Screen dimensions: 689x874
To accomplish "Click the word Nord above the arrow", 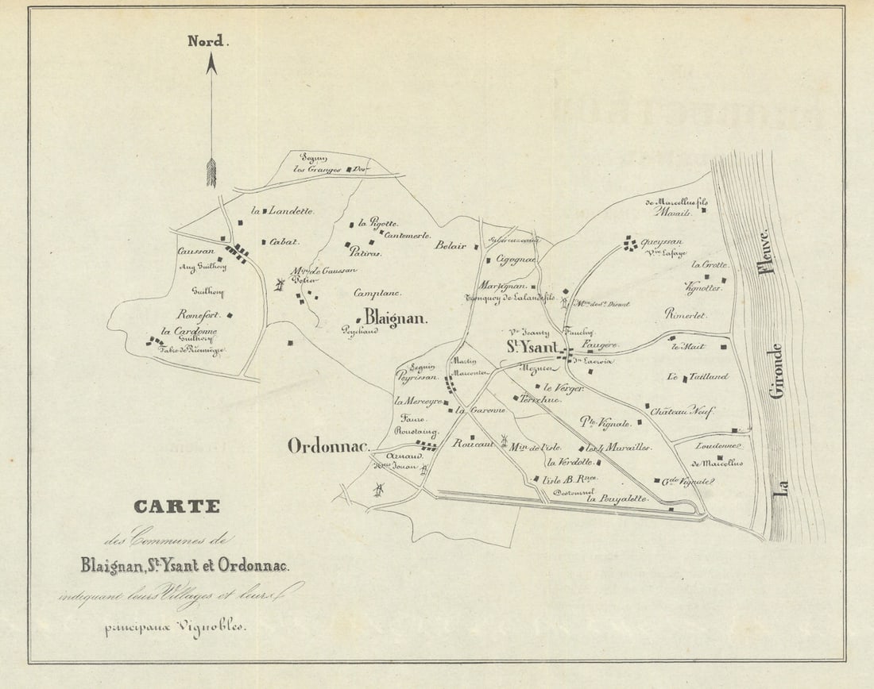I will (x=207, y=41).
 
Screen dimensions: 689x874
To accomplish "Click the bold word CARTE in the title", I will (x=176, y=506).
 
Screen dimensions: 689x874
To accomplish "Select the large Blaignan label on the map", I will (x=396, y=318).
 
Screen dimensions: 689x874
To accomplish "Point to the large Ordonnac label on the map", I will (x=328, y=446).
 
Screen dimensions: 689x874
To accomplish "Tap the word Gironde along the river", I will (x=776, y=370).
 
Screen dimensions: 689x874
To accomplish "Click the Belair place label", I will (x=451, y=246).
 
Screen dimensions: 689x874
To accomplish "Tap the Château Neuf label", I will (x=682, y=411).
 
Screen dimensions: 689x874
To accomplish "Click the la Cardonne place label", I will (x=189, y=331).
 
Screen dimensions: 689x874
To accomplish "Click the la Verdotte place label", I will (x=569, y=462).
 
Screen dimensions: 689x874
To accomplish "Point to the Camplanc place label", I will (x=377, y=292).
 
